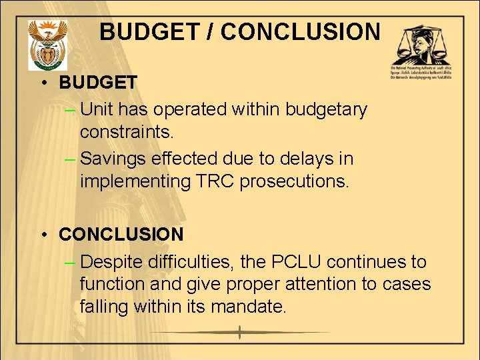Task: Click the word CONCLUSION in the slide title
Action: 301,32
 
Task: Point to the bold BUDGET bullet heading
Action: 98,83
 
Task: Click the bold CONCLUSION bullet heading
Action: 121,235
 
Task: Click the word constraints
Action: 126,132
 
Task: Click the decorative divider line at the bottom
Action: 240,333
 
